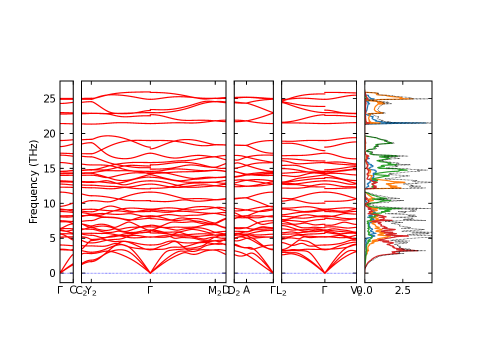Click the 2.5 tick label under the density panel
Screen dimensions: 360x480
(x=403, y=290)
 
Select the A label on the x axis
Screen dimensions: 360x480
(x=246, y=290)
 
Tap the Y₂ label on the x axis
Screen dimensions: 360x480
(x=91, y=290)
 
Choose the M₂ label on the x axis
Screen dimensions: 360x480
(x=215, y=290)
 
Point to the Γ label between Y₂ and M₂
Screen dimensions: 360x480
(x=150, y=290)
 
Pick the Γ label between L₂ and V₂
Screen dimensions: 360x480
(x=325, y=290)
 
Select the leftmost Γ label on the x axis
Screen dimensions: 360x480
(x=60, y=290)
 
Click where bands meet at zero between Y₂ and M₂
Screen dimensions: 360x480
(x=150, y=273)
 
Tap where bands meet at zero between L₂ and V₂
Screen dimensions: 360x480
(x=325, y=273)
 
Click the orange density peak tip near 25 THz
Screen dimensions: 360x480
(x=412, y=98)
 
